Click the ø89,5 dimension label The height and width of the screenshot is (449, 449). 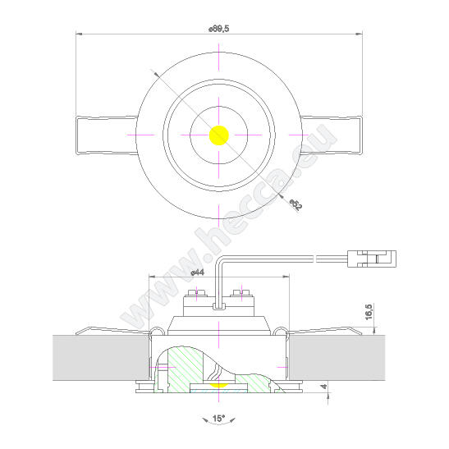point(219,28)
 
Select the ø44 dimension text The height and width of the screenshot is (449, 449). point(197,271)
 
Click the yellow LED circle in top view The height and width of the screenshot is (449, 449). point(219,135)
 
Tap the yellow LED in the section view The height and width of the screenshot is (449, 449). point(219,382)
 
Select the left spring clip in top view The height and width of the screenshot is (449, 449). point(103,135)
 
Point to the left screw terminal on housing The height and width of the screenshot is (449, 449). point(196,293)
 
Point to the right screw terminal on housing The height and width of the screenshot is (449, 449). point(242,293)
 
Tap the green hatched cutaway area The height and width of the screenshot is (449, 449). point(185,369)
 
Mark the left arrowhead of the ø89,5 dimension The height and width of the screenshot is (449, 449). point(79,34)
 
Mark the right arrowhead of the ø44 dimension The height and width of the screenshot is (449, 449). point(287,276)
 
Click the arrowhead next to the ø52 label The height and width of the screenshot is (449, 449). point(282,195)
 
